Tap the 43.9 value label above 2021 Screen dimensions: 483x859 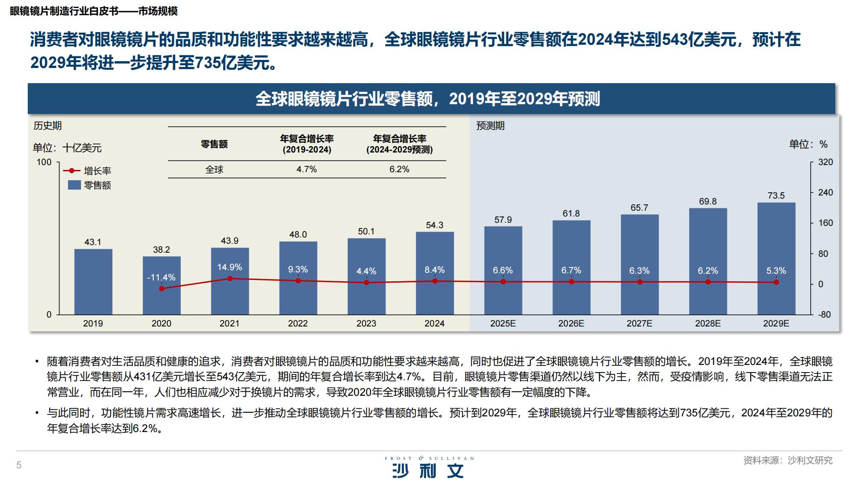tap(230, 241)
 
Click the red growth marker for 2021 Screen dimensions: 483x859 tap(230, 279)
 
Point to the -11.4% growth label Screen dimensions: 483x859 tap(162, 277)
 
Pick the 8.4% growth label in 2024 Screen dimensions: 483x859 tap(434, 270)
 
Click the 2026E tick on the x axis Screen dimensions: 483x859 tap(571, 323)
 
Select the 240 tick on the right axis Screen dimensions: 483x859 tap(825, 192)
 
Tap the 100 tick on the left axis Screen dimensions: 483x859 tap(44, 162)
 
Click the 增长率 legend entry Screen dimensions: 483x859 tap(97, 171)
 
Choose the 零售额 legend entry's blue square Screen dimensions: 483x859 tap(74, 185)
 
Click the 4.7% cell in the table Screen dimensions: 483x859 tap(306, 169)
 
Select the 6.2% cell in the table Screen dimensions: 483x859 tap(399, 169)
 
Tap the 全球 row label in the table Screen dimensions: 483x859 tap(214, 169)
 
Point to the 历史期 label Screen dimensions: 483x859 tap(47, 126)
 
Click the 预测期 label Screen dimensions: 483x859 tap(490, 126)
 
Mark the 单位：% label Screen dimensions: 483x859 tap(808, 144)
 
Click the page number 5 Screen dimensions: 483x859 tap(19, 465)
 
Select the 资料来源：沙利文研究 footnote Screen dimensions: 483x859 tap(788, 460)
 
